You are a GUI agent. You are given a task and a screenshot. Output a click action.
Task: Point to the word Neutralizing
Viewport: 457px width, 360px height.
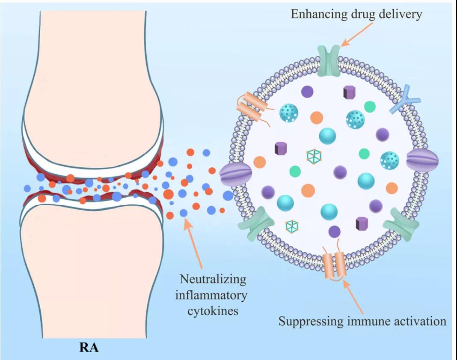click(213, 280)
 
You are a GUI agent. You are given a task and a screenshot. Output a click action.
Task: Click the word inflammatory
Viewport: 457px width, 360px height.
click(213, 295)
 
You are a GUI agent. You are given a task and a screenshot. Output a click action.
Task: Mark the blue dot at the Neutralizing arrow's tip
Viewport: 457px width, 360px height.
click(184, 213)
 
